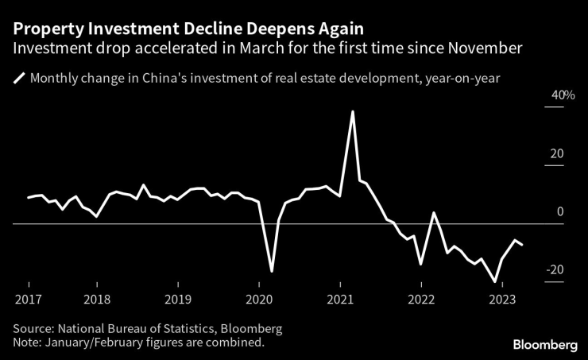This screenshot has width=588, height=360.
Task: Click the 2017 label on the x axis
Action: (x=29, y=300)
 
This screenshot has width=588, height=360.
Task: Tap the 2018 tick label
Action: (x=97, y=300)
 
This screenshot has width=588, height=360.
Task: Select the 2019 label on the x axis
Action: (x=178, y=300)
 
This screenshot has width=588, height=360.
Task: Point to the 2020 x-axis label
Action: (x=259, y=300)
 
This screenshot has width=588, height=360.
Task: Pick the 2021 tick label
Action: (x=340, y=300)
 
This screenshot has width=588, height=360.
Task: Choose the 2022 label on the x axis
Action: (x=421, y=300)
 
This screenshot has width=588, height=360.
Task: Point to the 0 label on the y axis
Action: (x=560, y=211)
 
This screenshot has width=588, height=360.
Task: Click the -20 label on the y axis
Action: (x=555, y=270)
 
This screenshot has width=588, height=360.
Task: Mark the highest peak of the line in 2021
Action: (x=352, y=111)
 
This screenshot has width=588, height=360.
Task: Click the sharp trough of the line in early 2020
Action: (x=272, y=272)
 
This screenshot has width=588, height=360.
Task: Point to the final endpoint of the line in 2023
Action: (x=522, y=245)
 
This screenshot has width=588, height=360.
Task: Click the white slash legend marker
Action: (x=18, y=79)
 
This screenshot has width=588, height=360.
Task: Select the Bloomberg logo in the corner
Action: (x=545, y=344)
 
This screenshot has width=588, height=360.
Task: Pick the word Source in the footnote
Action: (x=32, y=328)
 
